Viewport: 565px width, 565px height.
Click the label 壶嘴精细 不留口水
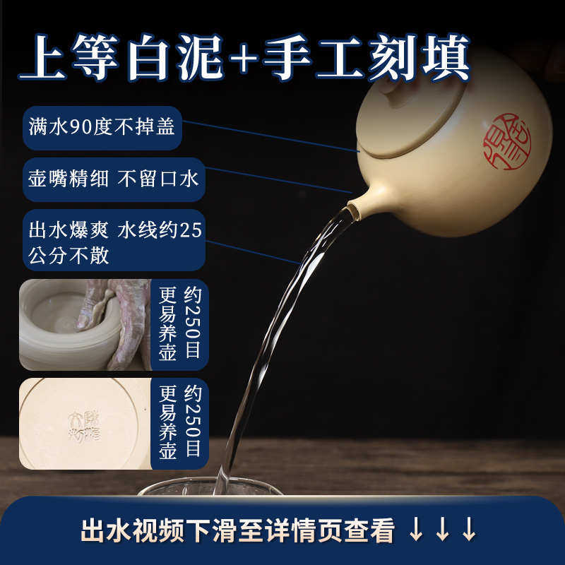point(114,179)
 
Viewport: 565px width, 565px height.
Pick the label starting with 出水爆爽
point(114,240)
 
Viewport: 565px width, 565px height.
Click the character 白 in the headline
point(152,60)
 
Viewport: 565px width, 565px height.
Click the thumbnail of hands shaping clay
point(85,325)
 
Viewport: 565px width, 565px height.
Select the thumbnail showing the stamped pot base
point(85,424)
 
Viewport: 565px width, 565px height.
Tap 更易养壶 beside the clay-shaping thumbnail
point(167,325)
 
